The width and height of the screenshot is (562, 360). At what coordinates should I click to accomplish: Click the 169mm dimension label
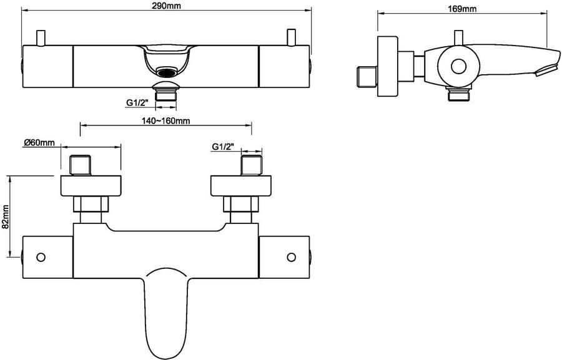coord(463,9)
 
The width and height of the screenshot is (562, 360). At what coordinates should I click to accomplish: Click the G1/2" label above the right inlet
coord(223,147)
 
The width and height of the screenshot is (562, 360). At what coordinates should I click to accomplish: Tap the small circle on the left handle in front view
coord(42,257)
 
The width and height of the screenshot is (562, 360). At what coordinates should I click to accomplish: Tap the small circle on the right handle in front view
coord(291,257)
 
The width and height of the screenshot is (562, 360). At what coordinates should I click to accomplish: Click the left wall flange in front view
coord(90,186)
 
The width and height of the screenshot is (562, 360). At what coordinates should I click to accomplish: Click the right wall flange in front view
coord(242,186)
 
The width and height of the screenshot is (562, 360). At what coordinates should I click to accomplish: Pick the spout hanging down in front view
coord(165,312)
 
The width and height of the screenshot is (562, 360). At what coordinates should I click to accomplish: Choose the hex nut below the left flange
coord(90,205)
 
